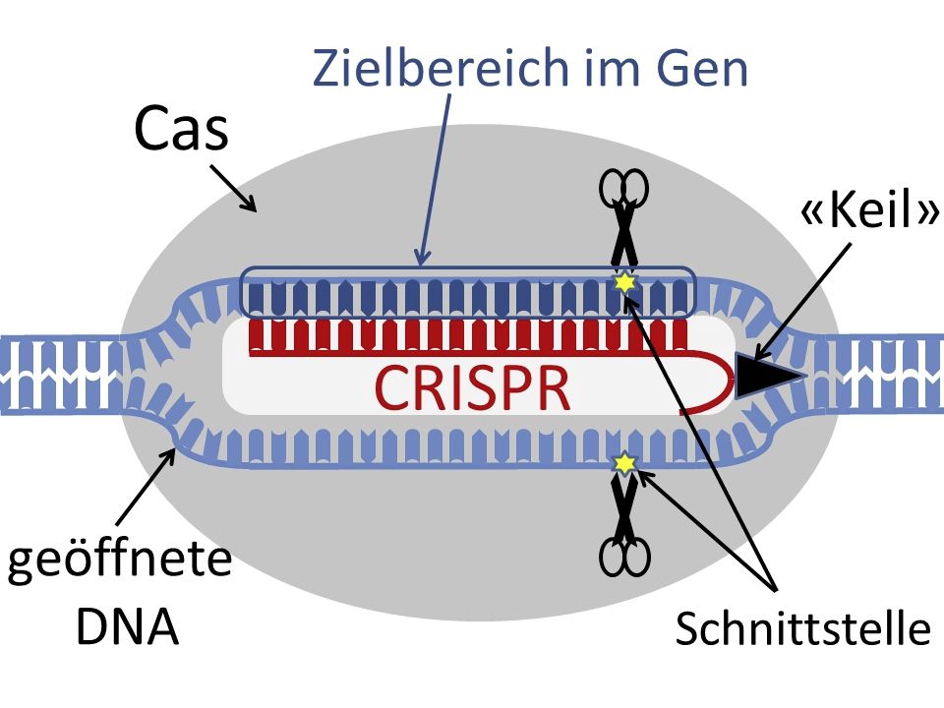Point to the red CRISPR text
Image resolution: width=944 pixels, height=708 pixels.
click(x=473, y=388)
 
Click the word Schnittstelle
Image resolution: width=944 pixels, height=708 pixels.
click(x=802, y=629)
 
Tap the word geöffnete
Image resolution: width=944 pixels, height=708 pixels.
click(x=119, y=562)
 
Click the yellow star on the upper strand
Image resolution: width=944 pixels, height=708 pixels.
click(x=622, y=283)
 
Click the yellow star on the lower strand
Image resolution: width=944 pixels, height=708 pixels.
click(x=622, y=462)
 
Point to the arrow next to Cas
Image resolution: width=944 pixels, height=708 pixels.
click(x=233, y=189)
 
